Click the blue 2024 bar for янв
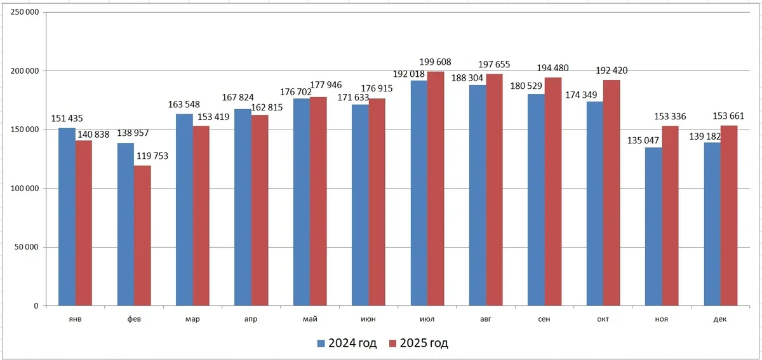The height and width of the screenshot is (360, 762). click(x=67, y=217)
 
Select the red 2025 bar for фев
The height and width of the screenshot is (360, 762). click(x=142, y=236)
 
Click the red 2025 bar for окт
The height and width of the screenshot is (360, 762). click(x=612, y=193)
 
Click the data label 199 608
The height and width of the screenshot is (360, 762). click(x=435, y=62)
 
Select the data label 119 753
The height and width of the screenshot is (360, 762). click(x=150, y=156)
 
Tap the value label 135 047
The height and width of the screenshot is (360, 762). click(x=639, y=140)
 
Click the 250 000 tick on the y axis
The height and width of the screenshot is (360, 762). click(x=23, y=13)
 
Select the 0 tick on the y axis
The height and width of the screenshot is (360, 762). click(x=36, y=306)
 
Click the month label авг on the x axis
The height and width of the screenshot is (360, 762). click(x=486, y=319)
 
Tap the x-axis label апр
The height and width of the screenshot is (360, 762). click(x=251, y=319)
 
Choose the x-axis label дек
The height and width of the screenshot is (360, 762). click(x=720, y=319)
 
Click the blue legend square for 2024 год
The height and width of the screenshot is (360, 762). click(x=321, y=343)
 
